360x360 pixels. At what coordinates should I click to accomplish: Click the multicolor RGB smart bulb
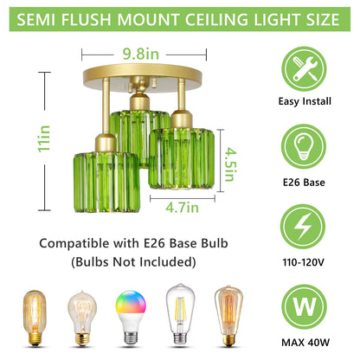point(134,315)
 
